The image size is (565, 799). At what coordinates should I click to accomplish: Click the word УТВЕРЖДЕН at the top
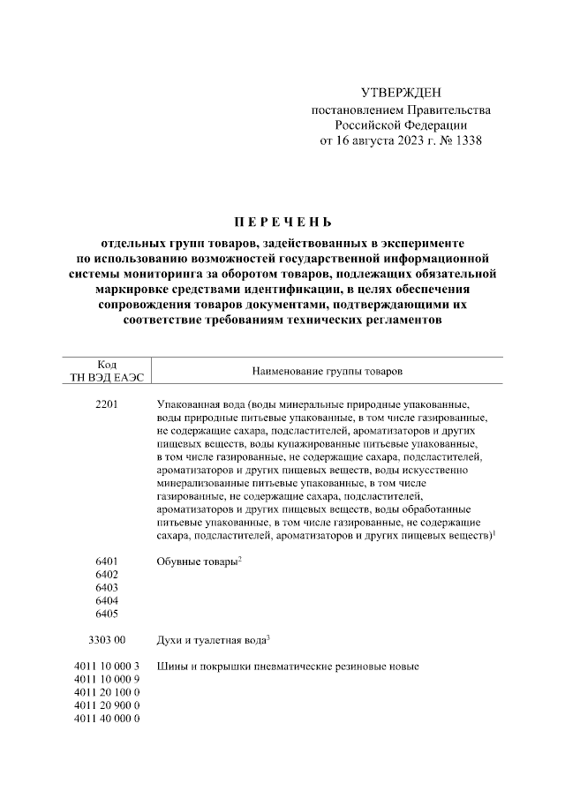coord(401,93)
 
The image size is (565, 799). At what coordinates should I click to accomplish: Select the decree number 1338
coord(467,140)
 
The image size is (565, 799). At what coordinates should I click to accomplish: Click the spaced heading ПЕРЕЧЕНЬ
coord(282,221)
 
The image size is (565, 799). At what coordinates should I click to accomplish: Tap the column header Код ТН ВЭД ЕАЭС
coord(105,371)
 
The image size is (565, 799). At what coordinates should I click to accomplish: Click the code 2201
coord(106,403)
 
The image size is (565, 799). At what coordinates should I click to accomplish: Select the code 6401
coord(106,562)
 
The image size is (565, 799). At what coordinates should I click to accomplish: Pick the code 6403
coord(106,587)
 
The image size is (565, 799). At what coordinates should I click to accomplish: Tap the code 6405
coord(106,614)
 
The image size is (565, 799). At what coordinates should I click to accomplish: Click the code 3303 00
coord(107,640)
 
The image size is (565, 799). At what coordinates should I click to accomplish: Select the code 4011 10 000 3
coord(107,666)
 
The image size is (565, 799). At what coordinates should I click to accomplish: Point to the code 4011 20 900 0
coord(107,705)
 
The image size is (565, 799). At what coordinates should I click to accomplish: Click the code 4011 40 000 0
coord(107,719)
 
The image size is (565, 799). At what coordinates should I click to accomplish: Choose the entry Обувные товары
coord(196,562)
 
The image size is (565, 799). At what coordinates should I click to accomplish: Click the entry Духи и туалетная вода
coord(210,640)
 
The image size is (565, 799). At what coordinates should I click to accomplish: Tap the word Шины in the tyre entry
coord(171,666)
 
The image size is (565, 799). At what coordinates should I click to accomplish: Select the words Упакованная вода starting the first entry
coord(199,403)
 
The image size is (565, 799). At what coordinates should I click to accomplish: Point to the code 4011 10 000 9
coord(107,679)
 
